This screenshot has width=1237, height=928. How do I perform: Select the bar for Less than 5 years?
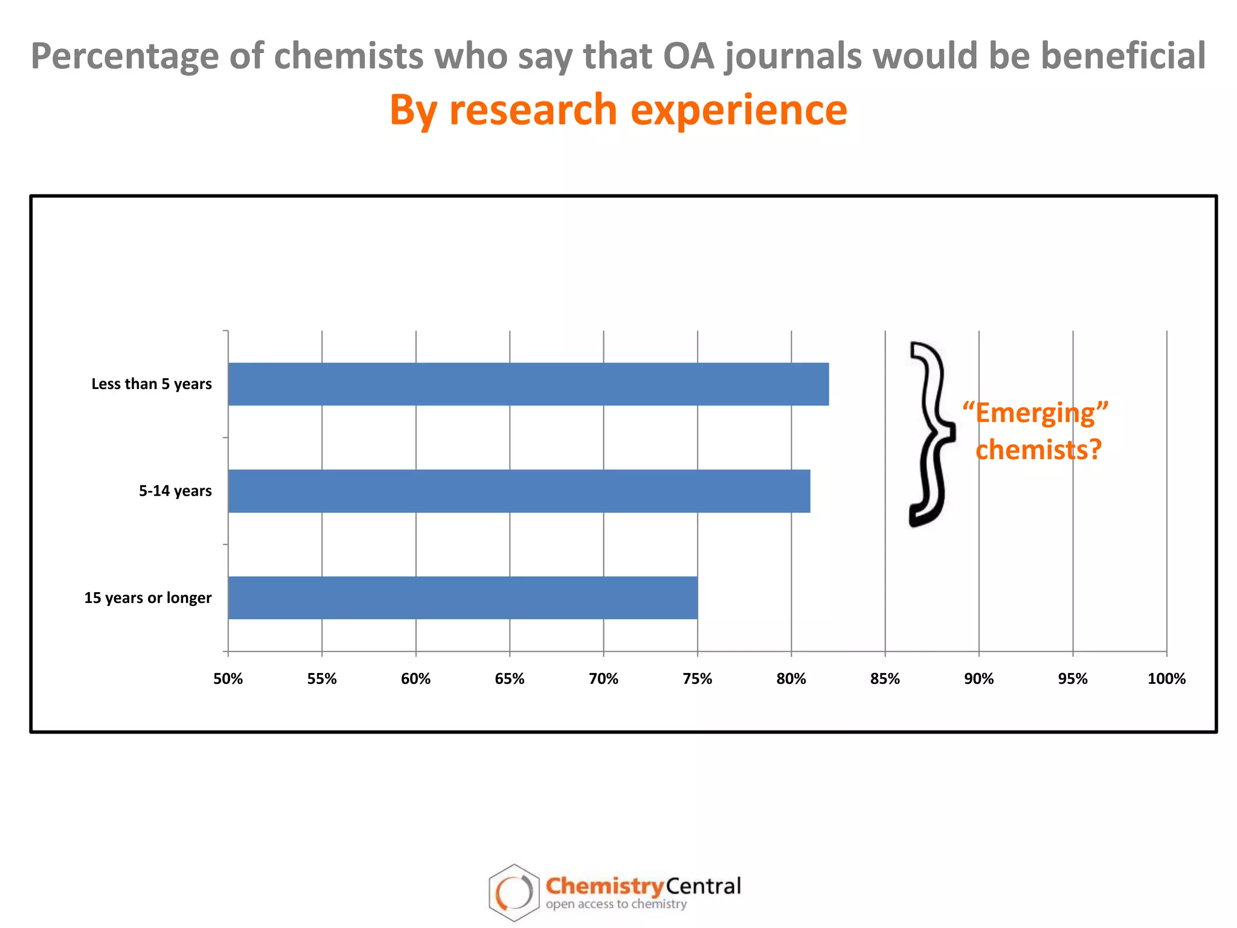pos(529,384)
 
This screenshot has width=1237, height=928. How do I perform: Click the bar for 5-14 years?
pos(519,491)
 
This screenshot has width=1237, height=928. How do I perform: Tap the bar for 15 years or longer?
pos(463,598)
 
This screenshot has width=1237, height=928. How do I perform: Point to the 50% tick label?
pos(228,678)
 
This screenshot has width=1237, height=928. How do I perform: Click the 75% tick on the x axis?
pos(698,678)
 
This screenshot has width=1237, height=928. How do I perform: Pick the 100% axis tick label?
pos(1166,678)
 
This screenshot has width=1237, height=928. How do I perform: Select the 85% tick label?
pos(885,678)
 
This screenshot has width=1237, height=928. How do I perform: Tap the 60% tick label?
pos(416,678)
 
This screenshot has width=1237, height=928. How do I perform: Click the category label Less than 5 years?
pos(152,384)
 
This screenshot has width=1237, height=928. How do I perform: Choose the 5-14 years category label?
pos(175,491)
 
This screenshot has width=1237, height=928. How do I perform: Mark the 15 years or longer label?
pos(148,598)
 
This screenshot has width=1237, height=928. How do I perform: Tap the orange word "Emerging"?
pos(1035,413)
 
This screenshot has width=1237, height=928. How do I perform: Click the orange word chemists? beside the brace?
pos(1038,449)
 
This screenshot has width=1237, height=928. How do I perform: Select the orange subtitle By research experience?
pos(618,110)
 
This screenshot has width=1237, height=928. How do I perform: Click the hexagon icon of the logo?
pos(513,892)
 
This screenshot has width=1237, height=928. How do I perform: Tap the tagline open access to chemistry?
pos(616,904)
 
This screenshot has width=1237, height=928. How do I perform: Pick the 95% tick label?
pos(1073,678)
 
